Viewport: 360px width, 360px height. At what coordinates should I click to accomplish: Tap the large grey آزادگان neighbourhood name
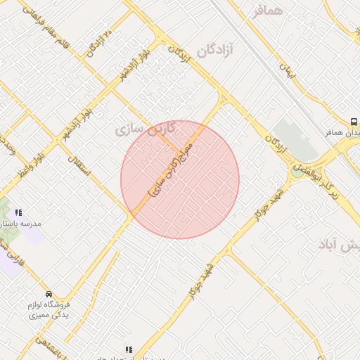point(217,49)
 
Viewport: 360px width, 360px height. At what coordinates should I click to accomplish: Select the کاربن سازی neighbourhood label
point(138,129)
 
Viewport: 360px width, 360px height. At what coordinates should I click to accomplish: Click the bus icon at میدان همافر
point(355,121)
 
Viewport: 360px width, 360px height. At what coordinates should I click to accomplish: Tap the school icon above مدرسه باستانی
point(19,212)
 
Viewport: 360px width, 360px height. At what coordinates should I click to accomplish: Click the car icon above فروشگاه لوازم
point(49,294)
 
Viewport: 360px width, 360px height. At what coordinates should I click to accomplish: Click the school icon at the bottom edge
point(127,349)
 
